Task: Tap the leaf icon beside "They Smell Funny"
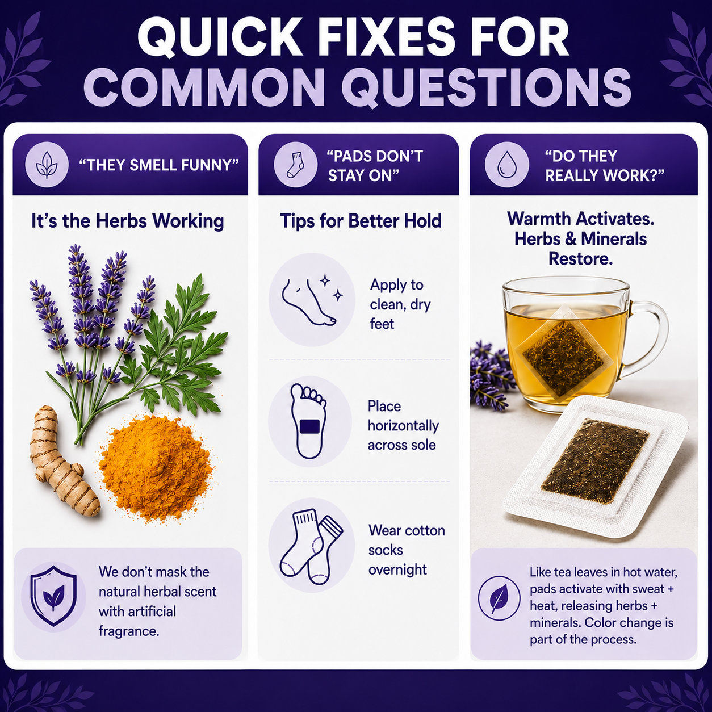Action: point(47,165)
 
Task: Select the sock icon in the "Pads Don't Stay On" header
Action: point(295,165)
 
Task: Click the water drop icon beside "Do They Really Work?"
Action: point(506,165)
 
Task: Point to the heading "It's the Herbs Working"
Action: point(128,221)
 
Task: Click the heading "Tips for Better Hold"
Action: point(361,221)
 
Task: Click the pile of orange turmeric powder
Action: point(157,469)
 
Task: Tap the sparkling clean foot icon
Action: point(312,300)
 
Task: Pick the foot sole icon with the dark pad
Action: point(309,421)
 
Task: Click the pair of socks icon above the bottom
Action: point(311,546)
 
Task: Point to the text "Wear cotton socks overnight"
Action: point(407,550)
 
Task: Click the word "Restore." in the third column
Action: point(580,259)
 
